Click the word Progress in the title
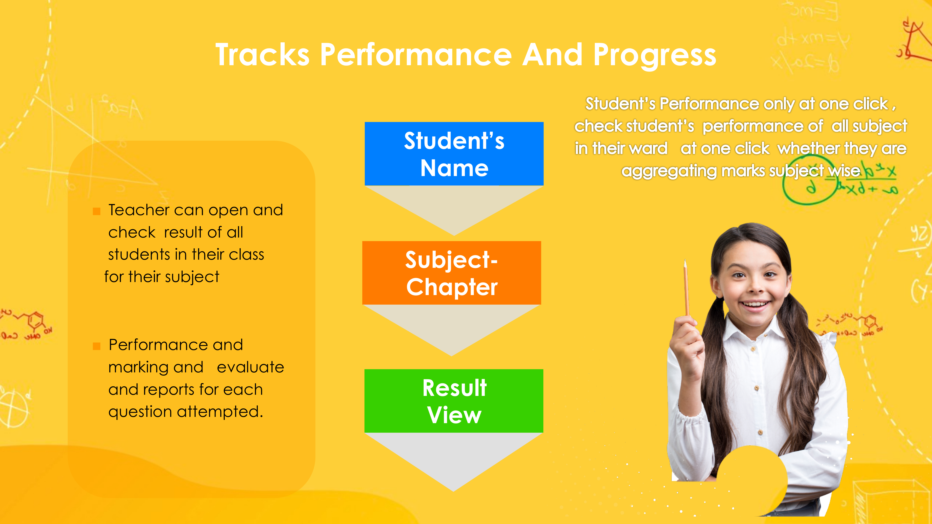[x=654, y=56]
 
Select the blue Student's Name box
[x=454, y=154]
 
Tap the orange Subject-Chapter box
[x=452, y=273]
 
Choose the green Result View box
[x=454, y=401]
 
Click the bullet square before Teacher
[x=96, y=211]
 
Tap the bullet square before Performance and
[x=96, y=346]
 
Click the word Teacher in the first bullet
[x=139, y=210]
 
